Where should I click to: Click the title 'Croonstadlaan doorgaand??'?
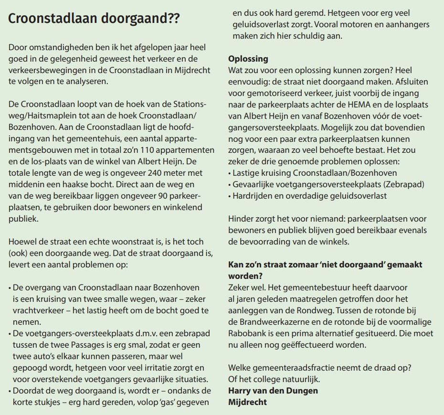(x=95, y=20)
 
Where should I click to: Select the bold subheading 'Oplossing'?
(x=248, y=59)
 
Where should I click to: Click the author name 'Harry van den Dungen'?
(x=273, y=390)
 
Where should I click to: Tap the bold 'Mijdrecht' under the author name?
(x=247, y=402)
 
